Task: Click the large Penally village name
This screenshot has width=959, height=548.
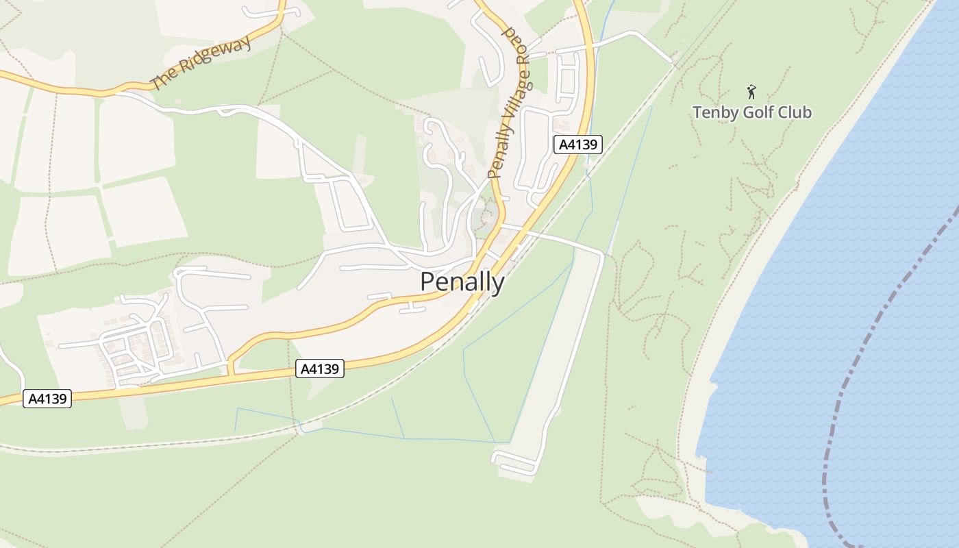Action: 462,282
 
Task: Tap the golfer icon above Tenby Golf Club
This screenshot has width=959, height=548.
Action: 751,90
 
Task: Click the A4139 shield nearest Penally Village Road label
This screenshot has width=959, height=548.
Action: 577,145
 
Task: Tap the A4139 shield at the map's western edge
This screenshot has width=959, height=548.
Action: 47,399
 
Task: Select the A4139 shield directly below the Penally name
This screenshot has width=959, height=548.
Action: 320,369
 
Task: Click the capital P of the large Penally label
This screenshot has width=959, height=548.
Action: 427,282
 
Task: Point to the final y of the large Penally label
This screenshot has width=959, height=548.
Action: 498,284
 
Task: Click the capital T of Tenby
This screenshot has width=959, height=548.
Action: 697,112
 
